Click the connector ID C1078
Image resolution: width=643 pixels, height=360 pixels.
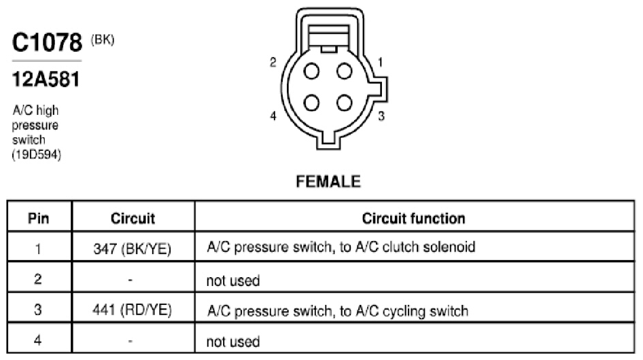click(47, 42)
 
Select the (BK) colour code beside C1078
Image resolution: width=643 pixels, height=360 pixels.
click(103, 40)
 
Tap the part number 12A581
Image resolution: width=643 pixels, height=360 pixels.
click(46, 79)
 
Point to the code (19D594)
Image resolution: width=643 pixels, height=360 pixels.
click(37, 155)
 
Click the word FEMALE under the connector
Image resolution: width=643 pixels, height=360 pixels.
click(328, 181)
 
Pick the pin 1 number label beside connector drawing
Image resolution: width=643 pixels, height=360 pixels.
click(380, 62)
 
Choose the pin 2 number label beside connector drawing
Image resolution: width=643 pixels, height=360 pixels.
click(273, 62)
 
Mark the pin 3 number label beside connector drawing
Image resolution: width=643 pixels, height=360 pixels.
click(381, 116)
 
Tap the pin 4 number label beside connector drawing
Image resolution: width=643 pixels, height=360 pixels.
click(273, 116)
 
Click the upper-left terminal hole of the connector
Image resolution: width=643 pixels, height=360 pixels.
click(312, 71)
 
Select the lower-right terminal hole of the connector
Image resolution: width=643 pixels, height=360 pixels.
click(345, 103)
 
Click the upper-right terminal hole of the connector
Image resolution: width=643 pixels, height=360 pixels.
click(345, 71)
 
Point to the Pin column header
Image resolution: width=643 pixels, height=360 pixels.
click(39, 218)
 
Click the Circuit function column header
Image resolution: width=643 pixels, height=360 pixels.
click(414, 218)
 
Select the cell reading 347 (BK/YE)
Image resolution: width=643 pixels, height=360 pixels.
click(132, 249)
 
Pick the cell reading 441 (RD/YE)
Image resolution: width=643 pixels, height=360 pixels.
click(132, 310)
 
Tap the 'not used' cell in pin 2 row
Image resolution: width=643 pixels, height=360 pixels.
click(233, 281)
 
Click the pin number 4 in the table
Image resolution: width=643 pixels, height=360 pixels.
click(38, 340)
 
